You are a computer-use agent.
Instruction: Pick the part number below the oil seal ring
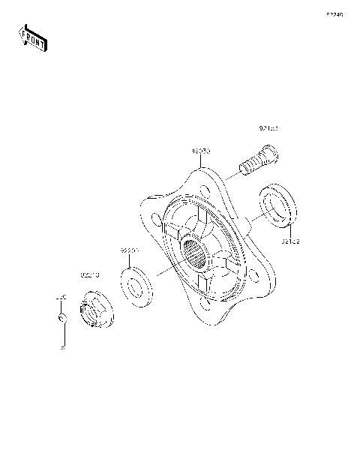291,241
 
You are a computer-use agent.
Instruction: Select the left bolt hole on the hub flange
154,220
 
